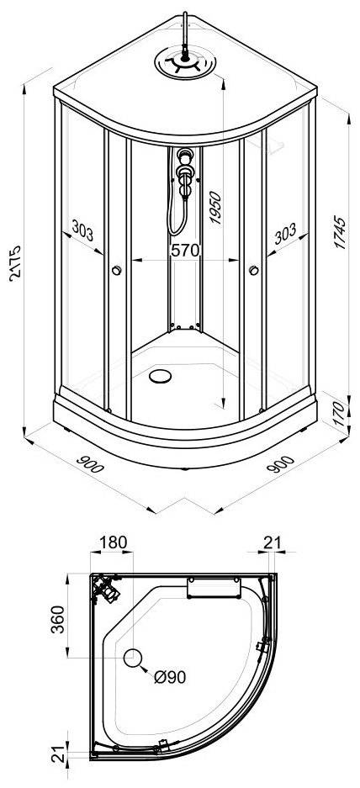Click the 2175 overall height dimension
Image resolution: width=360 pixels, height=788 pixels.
pyautogui.click(x=14, y=263)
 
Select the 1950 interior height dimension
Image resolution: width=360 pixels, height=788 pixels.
pyautogui.click(x=215, y=207)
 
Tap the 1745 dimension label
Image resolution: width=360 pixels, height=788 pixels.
pyautogui.click(x=341, y=232)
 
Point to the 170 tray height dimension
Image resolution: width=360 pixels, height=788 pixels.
pyautogui.click(x=341, y=414)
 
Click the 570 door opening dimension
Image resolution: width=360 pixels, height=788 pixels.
pyautogui.click(x=186, y=251)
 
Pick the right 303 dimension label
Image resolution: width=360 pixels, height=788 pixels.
pyautogui.click(x=285, y=233)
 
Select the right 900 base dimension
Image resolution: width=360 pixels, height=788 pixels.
pyautogui.click(x=281, y=463)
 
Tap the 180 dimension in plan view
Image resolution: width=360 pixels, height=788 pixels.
pyautogui.click(x=113, y=542)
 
